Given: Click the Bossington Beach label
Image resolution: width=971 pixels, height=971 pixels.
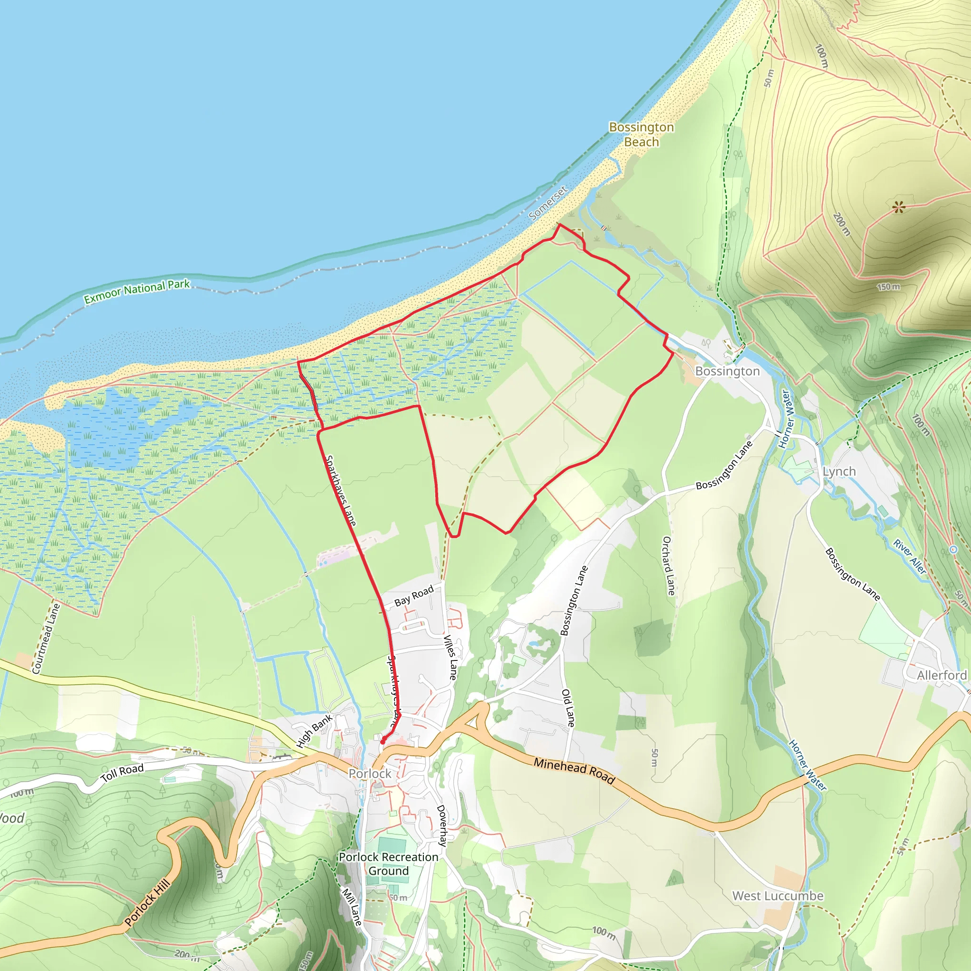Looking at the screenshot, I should click(x=641, y=134).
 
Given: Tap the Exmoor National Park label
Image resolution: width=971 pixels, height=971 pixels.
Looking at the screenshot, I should click(x=137, y=292).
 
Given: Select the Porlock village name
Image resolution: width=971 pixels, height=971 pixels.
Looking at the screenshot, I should click(x=370, y=773).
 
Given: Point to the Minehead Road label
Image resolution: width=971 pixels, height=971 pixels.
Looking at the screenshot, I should click(x=574, y=770).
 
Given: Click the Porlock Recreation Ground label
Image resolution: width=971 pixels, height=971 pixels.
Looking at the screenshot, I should click(x=388, y=863).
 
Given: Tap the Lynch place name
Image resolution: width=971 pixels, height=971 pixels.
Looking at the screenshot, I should click(x=839, y=471).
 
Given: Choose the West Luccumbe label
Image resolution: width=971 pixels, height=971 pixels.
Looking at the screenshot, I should click(x=778, y=896).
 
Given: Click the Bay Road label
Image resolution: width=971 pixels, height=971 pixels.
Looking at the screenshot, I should click(x=413, y=595).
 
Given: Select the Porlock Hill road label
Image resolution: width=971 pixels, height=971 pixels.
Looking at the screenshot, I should click(x=147, y=903).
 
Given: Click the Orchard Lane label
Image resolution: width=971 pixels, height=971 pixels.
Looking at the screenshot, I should click(x=668, y=566).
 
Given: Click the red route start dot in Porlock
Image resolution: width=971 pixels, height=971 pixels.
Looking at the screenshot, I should click(x=383, y=742).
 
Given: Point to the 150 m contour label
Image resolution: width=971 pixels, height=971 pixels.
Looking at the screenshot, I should click(x=888, y=287).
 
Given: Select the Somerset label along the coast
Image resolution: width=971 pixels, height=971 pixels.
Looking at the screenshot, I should click(x=549, y=202).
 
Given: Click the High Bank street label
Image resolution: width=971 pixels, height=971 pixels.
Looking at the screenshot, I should click(x=314, y=731).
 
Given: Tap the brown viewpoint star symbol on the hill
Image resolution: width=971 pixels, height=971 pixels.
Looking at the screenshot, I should click(x=898, y=207).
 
